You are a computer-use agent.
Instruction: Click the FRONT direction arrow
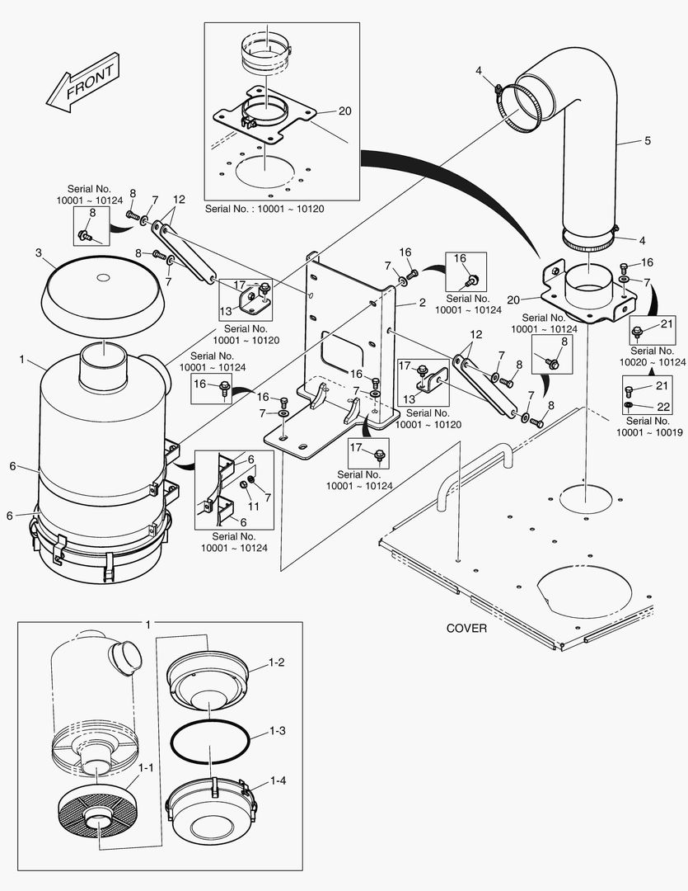tap(82, 82)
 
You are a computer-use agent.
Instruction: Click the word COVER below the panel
tap(466, 628)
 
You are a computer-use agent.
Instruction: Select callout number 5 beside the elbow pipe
tap(648, 140)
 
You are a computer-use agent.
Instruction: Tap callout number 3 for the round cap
tap(39, 252)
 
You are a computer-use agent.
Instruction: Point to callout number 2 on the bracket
tap(423, 303)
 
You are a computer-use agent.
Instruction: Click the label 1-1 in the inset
tap(146, 768)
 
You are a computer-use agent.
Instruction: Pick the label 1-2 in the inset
tap(277, 662)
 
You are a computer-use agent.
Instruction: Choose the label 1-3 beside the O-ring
tap(277, 731)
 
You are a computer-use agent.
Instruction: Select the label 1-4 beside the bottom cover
tap(278, 780)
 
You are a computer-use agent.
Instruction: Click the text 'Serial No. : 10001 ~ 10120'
tap(264, 209)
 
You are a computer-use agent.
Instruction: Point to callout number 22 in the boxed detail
tap(663, 407)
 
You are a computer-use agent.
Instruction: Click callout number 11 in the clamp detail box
tap(253, 507)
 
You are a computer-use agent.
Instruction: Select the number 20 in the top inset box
tap(345, 111)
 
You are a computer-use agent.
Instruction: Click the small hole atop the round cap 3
tap(103, 278)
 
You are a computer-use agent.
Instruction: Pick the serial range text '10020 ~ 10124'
tap(653, 362)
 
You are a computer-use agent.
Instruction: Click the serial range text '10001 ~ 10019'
tap(649, 432)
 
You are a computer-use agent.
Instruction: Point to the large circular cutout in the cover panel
tap(584, 591)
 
